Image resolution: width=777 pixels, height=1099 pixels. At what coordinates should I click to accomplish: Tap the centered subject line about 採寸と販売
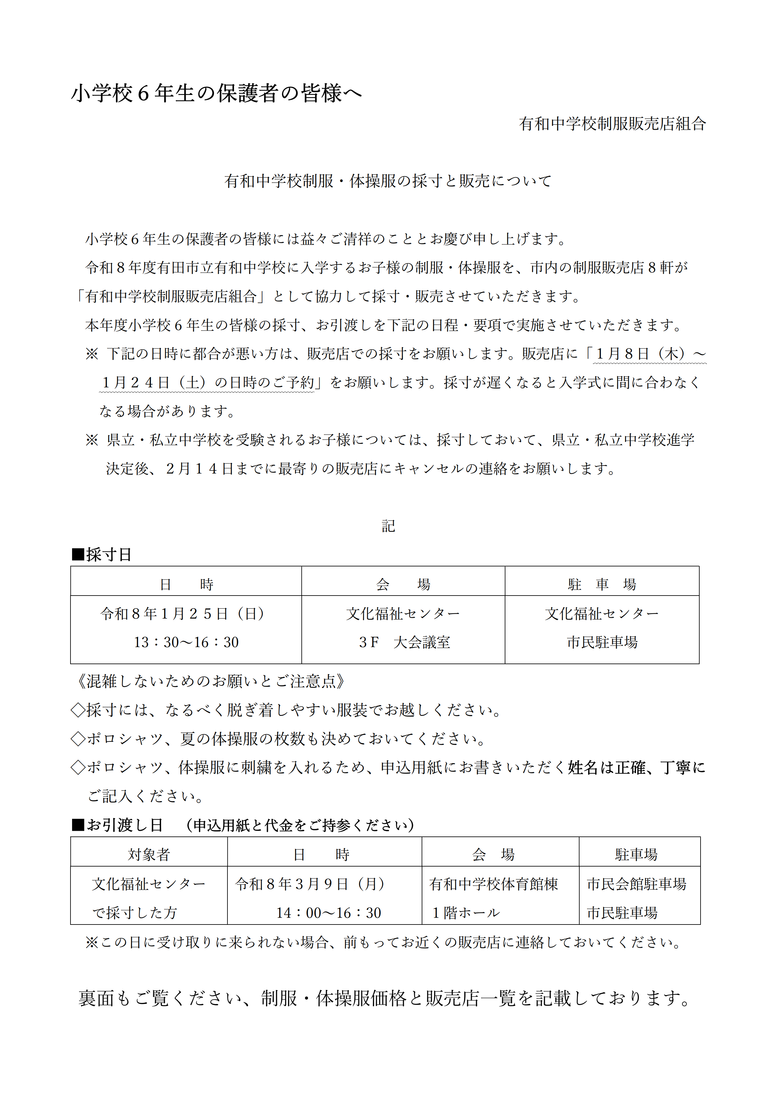point(388,181)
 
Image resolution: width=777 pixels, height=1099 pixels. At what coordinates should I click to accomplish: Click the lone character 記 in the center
point(388,526)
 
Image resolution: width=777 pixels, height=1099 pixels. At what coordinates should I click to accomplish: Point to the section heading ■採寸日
point(102,555)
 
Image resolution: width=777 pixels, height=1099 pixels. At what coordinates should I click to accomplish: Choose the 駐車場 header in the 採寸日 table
point(602,585)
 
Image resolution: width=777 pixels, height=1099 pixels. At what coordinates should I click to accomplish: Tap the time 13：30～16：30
point(186,642)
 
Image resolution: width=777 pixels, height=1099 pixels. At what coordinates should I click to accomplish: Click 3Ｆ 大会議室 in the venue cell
point(404,642)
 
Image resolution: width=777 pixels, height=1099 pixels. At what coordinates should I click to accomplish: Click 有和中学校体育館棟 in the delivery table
point(493,883)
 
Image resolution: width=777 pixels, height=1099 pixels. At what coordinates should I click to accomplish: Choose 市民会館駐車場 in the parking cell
point(636,883)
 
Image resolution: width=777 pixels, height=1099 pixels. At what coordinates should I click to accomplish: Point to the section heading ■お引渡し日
point(117,825)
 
